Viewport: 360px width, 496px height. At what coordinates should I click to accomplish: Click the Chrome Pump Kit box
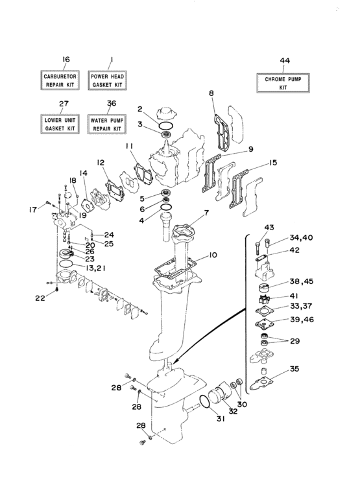[x=283, y=83]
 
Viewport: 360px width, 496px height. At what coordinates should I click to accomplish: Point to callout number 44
[x=283, y=60]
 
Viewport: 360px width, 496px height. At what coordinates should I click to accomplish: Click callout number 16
[x=65, y=60]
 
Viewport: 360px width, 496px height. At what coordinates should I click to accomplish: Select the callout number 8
[x=211, y=94]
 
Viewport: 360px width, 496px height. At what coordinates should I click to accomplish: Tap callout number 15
[x=273, y=163]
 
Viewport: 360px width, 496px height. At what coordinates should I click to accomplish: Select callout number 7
[x=206, y=212]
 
